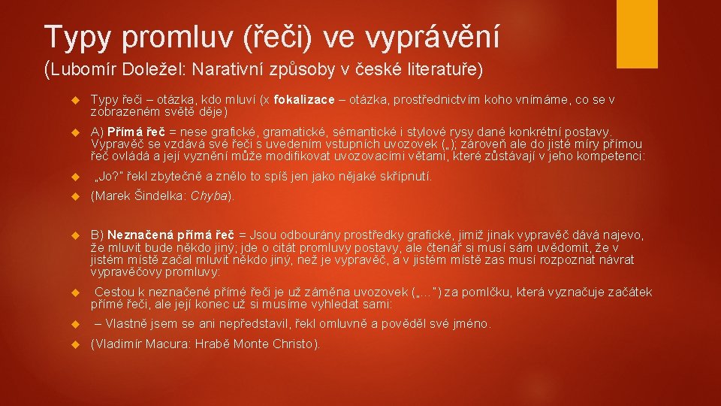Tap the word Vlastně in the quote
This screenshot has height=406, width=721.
point(128,324)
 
